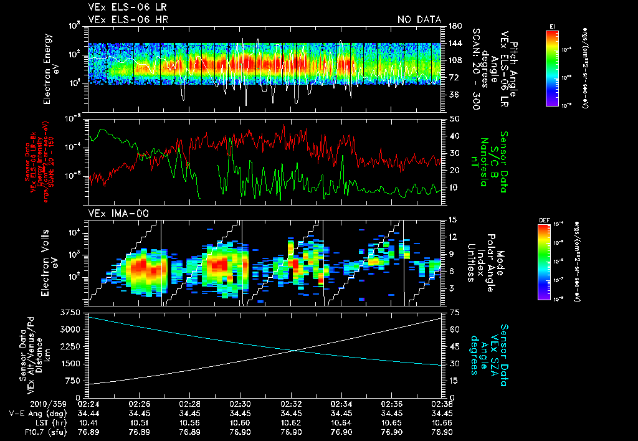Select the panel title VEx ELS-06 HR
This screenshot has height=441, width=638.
tap(128, 20)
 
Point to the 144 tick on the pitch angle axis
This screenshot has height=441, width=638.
tap(454, 43)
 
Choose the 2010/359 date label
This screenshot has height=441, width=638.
tap(22, 403)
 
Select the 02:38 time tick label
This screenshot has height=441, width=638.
tap(441, 403)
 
